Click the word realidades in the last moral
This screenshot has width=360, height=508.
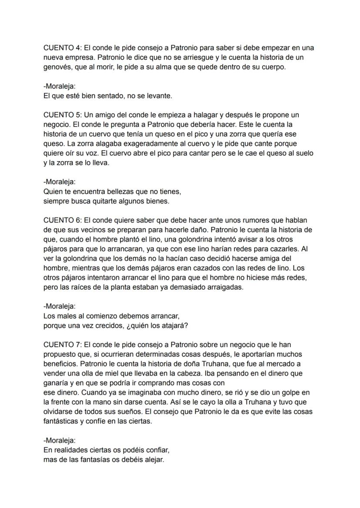click(x=70, y=450)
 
